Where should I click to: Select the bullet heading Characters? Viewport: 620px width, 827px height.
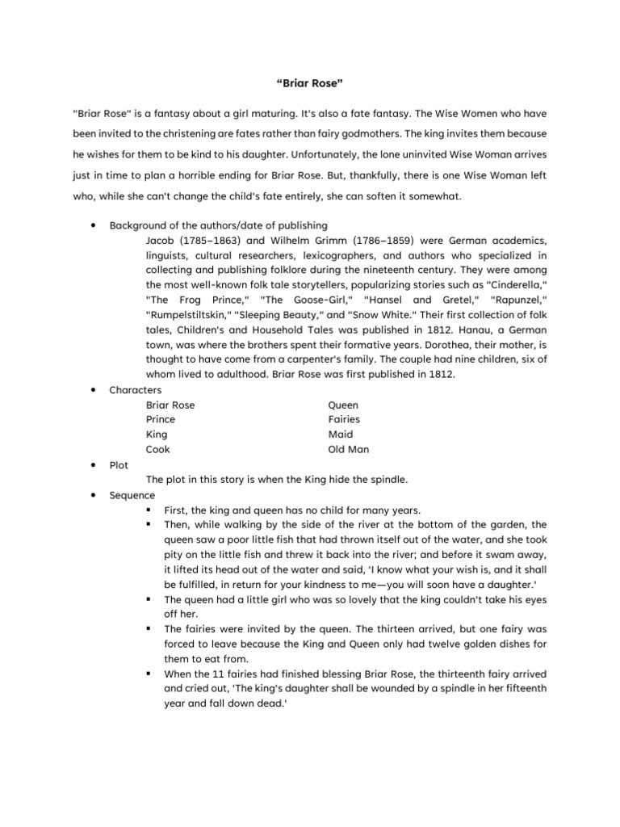click(x=135, y=390)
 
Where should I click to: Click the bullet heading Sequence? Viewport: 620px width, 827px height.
click(x=132, y=495)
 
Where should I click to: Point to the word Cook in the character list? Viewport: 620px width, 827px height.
click(x=158, y=449)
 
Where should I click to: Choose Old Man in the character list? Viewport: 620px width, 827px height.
click(x=348, y=449)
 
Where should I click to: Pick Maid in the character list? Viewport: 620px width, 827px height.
click(x=340, y=434)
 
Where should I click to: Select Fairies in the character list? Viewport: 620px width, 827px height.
click(x=344, y=420)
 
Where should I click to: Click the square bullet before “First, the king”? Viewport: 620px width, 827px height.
click(x=150, y=510)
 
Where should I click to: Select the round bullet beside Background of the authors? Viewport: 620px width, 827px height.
click(x=96, y=225)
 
